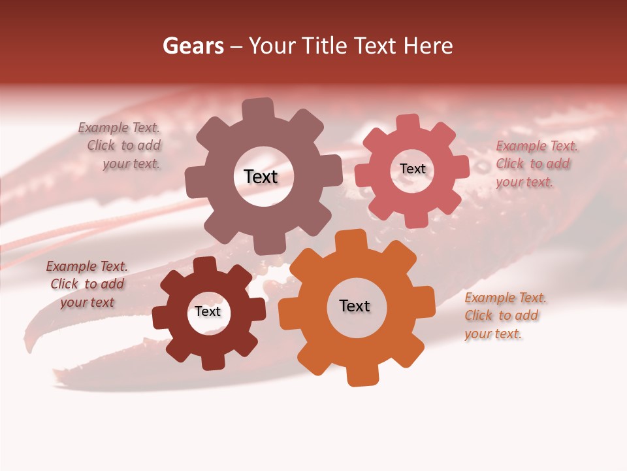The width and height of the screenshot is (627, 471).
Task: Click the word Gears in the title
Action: click(193, 46)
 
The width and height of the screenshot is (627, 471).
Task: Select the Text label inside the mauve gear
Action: click(261, 177)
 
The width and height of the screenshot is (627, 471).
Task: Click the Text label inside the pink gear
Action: click(412, 169)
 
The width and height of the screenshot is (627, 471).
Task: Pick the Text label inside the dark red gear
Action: click(208, 311)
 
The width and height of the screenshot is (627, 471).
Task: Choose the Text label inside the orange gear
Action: click(355, 305)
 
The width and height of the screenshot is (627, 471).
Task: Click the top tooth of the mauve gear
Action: click(258, 109)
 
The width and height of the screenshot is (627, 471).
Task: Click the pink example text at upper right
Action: click(536, 164)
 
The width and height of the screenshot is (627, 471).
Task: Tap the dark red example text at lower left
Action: click(87, 284)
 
